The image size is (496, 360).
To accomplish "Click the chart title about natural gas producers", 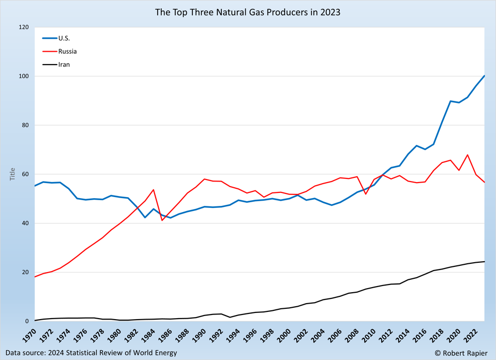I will pyautogui.click(x=248, y=12).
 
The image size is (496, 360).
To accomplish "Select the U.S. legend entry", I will pyautogui.click(x=64, y=38).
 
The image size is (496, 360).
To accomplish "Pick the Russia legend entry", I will pyautogui.click(x=67, y=51).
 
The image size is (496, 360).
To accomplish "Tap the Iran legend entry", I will pyautogui.click(x=64, y=65).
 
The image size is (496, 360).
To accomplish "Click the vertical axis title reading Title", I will pyautogui.click(x=13, y=174).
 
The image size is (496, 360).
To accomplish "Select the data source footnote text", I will pyautogui.click(x=91, y=353).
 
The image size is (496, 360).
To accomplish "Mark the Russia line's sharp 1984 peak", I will pyautogui.click(x=154, y=190).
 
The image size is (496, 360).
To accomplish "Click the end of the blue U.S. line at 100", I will pyautogui.click(x=484, y=76).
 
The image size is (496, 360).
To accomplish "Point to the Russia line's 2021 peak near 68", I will pyautogui.click(x=468, y=155).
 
